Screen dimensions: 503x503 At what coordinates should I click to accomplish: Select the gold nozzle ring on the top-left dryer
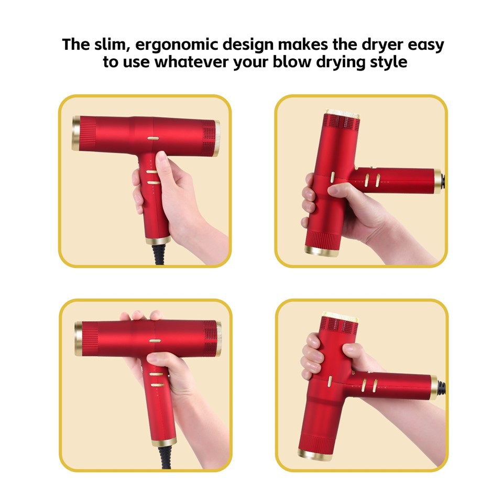(x=76, y=133)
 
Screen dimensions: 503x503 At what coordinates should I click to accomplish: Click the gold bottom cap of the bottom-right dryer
(x=314, y=454)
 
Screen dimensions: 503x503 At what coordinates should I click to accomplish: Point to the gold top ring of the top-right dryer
(x=341, y=113)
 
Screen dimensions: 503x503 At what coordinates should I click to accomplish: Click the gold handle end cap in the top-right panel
(x=437, y=181)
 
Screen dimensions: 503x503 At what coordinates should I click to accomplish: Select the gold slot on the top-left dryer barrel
(x=153, y=139)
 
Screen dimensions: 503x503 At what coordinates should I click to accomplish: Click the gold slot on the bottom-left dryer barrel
(x=155, y=341)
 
